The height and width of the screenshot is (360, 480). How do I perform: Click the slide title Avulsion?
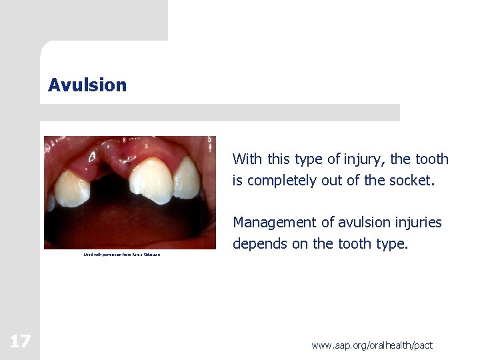tap(87, 85)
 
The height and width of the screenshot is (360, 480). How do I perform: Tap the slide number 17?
tap(19, 342)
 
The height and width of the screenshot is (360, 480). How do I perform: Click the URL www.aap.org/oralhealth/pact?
tap(372, 345)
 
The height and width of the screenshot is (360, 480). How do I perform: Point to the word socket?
tap(412, 180)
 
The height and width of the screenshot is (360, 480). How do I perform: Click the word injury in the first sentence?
tap(364, 159)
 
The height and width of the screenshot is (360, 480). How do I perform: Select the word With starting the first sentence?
tap(247, 159)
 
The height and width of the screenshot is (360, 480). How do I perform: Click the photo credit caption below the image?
tap(122, 255)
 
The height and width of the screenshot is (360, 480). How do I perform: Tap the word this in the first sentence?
tap(279, 159)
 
